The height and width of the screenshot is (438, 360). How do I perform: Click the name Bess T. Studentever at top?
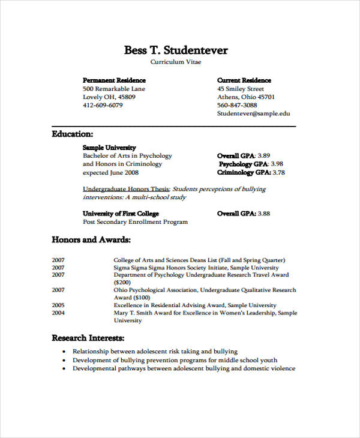(x=176, y=50)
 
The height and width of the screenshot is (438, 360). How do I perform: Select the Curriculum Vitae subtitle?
(x=176, y=62)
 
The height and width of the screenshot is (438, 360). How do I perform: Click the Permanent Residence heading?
(x=114, y=80)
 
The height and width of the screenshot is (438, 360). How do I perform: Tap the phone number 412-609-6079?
(x=103, y=105)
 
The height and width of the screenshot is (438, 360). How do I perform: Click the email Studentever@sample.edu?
(x=253, y=113)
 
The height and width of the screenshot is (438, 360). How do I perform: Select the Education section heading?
(x=73, y=134)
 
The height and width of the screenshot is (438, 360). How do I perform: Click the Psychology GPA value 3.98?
(x=277, y=164)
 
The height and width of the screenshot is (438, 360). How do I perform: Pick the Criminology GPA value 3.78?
(x=278, y=172)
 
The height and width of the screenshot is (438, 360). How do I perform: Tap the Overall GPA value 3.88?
(x=264, y=213)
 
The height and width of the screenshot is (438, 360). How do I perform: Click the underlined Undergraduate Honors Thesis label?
(x=126, y=188)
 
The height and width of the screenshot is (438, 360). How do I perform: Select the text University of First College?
(x=121, y=213)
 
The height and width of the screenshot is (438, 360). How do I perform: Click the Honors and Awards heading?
(x=91, y=239)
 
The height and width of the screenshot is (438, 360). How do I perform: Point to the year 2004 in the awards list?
(x=58, y=313)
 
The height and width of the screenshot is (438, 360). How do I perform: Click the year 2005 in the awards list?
(x=58, y=305)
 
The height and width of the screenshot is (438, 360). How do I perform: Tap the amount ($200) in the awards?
(x=122, y=282)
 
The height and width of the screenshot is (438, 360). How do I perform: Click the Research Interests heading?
(x=88, y=337)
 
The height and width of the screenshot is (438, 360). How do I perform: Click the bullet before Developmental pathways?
(x=64, y=368)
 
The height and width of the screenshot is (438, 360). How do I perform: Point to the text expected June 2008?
(x=110, y=172)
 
